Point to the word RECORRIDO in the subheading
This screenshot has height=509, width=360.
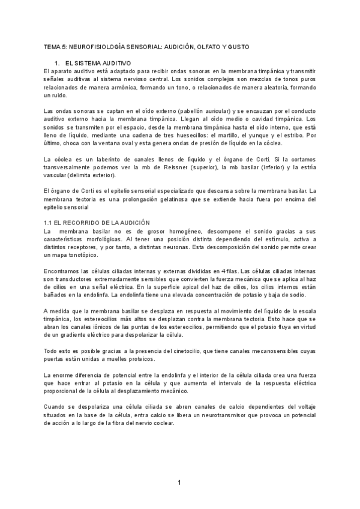tap(85, 223)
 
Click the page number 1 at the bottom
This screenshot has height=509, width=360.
tap(179, 482)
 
